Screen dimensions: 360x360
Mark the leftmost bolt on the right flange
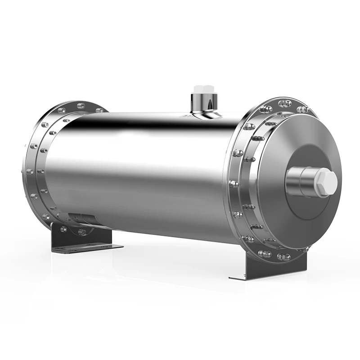point(233,184)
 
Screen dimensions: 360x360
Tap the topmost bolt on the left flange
point(81,106)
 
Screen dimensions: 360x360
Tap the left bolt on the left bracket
point(63,229)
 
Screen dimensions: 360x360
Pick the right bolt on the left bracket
point(82,232)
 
